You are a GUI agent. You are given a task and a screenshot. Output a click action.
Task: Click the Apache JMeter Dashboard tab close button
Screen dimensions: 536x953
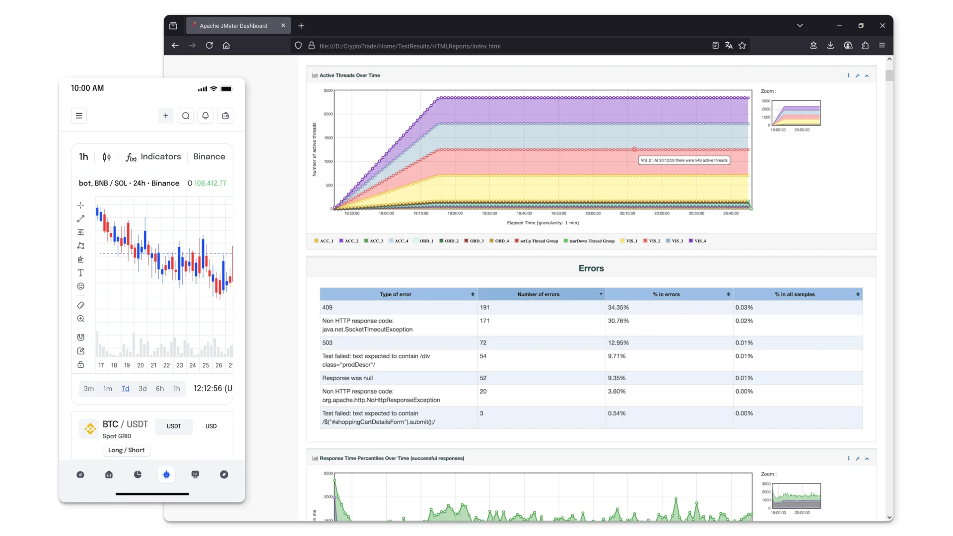[283, 26]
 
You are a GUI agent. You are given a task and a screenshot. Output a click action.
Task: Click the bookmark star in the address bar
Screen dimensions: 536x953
[742, 46]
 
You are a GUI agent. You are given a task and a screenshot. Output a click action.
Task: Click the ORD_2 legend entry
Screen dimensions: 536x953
[449, 241]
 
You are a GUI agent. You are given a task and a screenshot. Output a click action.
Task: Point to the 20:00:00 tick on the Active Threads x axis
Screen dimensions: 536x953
[593, 213]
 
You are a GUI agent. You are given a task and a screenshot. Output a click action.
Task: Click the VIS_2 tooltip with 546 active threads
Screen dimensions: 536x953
[683, 160]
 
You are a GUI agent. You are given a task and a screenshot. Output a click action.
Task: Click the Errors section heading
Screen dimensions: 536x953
[591, 268]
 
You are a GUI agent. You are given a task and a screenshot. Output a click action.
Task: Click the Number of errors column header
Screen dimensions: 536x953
[538, 294]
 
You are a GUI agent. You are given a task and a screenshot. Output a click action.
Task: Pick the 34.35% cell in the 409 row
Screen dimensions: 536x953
[618, 308]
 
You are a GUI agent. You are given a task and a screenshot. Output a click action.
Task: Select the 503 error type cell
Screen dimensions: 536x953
[328, 343]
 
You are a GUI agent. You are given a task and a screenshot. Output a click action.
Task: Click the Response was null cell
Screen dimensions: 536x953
[347, 378]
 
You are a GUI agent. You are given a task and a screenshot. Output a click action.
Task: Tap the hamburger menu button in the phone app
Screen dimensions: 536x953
[79, 116]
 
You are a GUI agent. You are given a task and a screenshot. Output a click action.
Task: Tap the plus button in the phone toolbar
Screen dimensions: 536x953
[166, 116]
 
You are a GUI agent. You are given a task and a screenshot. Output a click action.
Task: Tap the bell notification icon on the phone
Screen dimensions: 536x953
[205, 116]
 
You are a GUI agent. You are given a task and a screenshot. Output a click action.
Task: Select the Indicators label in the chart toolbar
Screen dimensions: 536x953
[160, 157]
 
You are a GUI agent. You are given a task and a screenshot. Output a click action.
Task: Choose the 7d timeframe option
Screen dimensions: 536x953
[125, 389]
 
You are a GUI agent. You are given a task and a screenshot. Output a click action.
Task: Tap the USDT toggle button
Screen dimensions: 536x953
[174, 426]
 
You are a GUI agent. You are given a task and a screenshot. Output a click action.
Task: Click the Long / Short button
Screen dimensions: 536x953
[126, 450]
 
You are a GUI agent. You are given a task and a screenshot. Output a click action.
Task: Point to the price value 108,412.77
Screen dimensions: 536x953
[210, 183]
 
